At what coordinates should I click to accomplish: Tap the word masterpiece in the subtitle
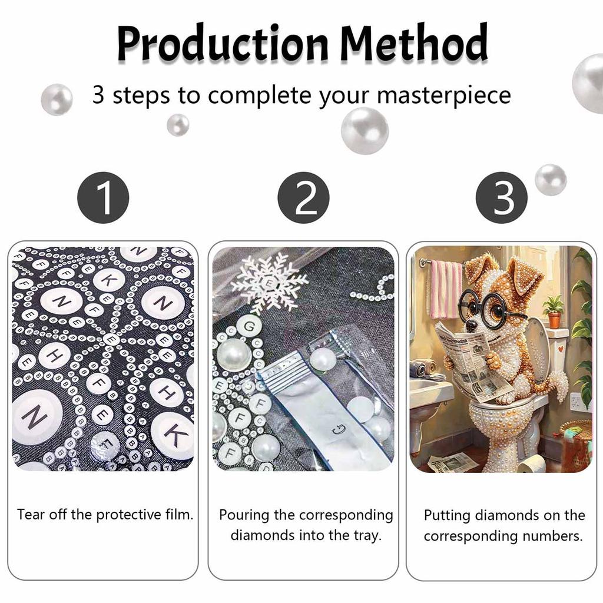pos(444,95)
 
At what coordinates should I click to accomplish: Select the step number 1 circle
pos(103,198)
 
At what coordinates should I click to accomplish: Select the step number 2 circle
pos(304,198)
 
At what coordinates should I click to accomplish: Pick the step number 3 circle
pos(502,198)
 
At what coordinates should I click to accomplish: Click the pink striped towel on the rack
pos(446,289)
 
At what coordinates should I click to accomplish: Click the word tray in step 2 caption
pos(368,535)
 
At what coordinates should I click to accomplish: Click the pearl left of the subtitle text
pos(57,99)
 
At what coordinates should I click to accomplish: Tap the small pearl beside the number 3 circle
pos(551,180)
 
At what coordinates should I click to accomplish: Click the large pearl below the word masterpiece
pos(365,131)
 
